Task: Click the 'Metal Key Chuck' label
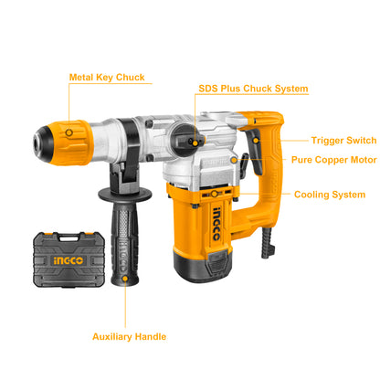pos(106,77)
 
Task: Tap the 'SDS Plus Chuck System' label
pos(253,89)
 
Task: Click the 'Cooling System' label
pos(330,195)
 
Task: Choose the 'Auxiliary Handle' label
pos(129,336)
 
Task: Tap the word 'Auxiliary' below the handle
pos(114,336)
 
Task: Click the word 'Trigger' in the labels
pos(326,140)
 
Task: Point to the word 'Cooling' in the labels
pos(313,195)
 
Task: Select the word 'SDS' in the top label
pos(208,89)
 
